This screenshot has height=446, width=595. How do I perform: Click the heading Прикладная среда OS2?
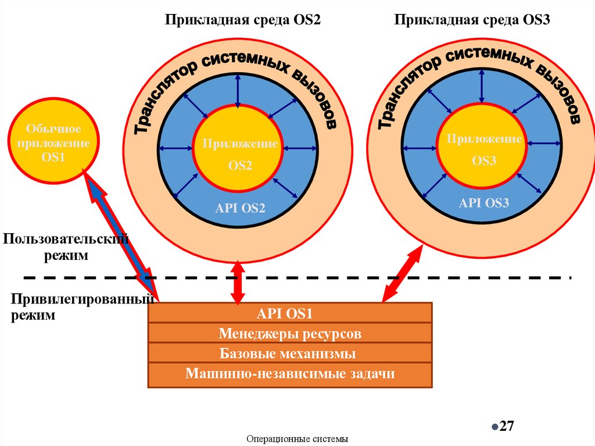243,20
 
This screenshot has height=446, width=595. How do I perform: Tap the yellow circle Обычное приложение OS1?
53,143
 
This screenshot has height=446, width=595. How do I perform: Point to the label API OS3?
483,203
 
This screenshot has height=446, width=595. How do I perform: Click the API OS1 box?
290,314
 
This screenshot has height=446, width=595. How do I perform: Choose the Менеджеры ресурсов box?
290,334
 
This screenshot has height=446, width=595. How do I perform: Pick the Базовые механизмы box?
290,354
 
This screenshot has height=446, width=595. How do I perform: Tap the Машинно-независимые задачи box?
290,373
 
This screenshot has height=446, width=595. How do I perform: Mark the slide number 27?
507,426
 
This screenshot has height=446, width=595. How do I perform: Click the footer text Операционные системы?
297,439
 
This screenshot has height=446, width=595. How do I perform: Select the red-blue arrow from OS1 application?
119,233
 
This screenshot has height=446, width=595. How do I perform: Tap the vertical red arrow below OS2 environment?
236,283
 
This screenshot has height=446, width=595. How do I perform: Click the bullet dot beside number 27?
494,426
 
